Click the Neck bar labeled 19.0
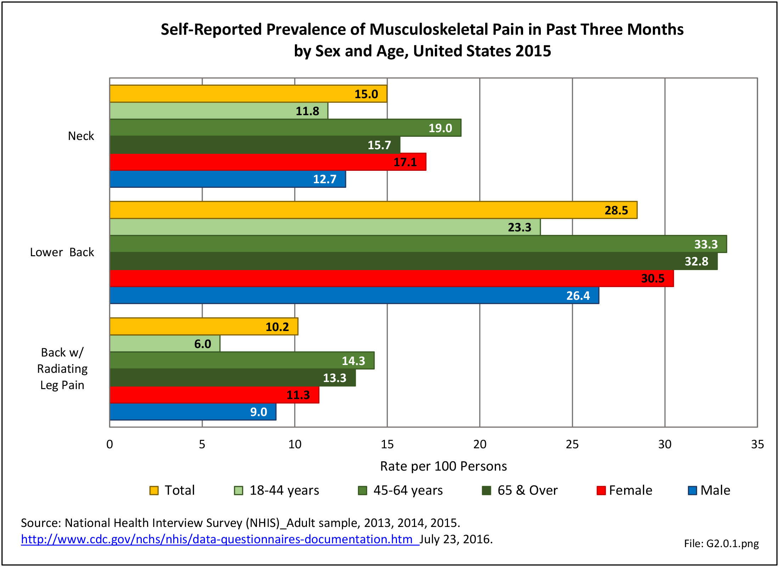coord(285,128)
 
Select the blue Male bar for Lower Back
coord(354,296)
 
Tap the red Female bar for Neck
coord(268,162)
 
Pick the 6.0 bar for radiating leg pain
coord(165,344)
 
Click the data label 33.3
coord(706,245)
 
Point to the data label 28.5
coord(616,210)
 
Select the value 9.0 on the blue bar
coord(258,412)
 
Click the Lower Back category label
coord(62,252)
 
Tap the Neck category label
coord(81,136)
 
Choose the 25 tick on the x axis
coord(572,444)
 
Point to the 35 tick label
coord(757,444)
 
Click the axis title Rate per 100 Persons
coord(443,466)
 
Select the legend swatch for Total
coord(154,490)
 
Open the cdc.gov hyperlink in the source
coord(220,539)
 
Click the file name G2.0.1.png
coord(721,544)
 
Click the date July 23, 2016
coord(456,539)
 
